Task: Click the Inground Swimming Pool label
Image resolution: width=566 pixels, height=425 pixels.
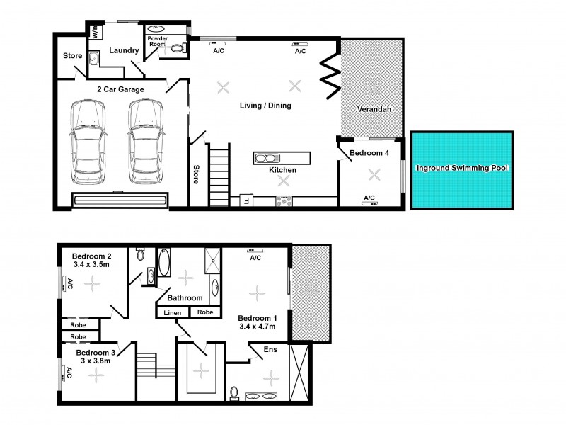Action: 462,168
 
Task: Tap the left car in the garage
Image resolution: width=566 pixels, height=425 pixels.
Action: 88,140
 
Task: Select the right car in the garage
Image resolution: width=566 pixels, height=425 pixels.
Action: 146,140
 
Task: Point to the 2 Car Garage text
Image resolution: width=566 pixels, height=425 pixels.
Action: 121,89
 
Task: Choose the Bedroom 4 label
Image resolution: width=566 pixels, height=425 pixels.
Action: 369,153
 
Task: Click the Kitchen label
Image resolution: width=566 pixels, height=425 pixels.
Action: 282,170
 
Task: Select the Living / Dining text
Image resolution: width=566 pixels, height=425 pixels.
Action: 265,106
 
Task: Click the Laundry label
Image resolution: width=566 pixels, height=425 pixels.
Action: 123,50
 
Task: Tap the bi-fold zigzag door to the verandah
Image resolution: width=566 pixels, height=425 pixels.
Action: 330,76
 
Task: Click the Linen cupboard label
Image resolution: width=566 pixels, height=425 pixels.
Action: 172,312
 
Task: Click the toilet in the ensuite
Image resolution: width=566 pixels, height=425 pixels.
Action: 233,392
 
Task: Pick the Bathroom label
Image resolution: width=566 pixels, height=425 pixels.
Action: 185,298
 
